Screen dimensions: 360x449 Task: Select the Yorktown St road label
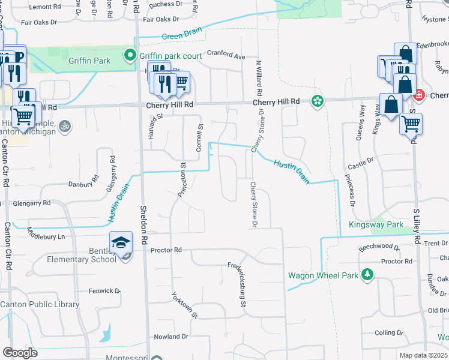pyautogui.click(x=184, y=305)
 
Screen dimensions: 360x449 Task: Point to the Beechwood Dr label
pyautogui.click(x=379, y=247)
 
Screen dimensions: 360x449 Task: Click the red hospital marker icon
pyautogui.click(x=418, y=95)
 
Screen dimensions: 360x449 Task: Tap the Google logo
pyautogui.click(x=20, y=353)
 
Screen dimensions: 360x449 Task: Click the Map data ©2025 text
pyautogui.click(x=423, y=355)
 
